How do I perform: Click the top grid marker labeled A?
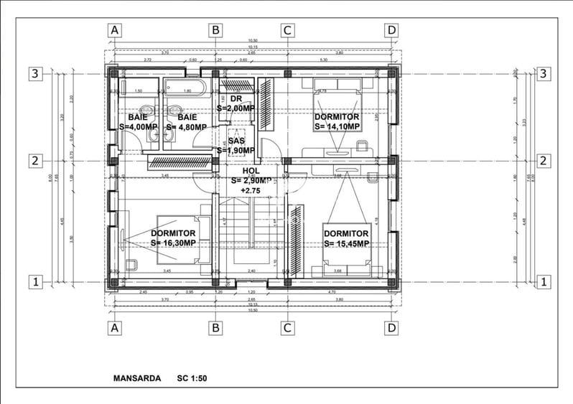(114, 30)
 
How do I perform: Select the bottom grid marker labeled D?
(391, 328)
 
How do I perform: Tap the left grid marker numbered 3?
(34, 73)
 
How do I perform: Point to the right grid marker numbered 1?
(544, 282)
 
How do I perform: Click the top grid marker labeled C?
(286, 30)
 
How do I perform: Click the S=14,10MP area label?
(337, 126)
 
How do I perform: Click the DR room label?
(236, 98)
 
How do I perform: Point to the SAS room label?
(236, 141)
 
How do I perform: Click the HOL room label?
(251, 171)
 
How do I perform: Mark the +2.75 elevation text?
(251, 190)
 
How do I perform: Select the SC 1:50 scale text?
(186, 377)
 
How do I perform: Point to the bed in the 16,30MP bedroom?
(184, 240)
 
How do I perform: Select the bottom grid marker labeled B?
(215, 328)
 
